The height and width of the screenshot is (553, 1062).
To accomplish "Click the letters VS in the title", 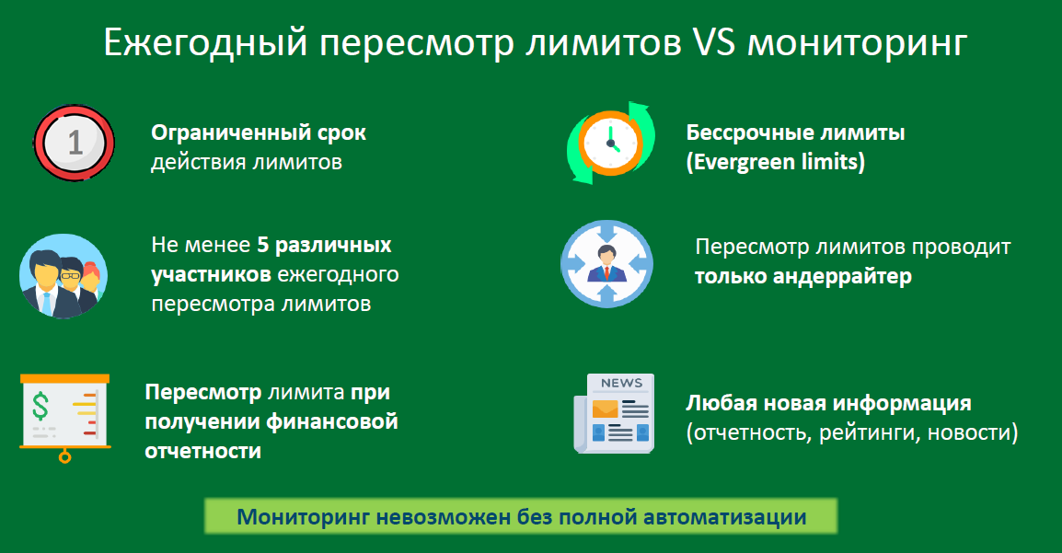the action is coord(713,42).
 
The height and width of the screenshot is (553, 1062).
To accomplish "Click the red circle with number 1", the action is coord(75,143).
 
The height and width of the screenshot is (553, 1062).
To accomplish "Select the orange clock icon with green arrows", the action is coord(611,143).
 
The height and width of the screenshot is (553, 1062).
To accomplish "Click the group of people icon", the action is coord(63,276).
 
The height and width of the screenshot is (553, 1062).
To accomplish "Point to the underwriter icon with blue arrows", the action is coord(606,264).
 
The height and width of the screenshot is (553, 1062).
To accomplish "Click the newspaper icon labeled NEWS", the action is coord(615,413).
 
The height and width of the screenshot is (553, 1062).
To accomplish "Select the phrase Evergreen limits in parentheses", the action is coord(776,163).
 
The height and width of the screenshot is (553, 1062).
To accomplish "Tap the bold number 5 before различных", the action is coord(263,245).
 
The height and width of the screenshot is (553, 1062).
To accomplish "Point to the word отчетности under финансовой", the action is coord(203,451).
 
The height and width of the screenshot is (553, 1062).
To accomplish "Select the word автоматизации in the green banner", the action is coord(724,517).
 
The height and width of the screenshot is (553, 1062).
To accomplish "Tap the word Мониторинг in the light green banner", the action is coord(304,517).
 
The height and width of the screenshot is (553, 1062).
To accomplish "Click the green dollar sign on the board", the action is coord(40,407).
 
